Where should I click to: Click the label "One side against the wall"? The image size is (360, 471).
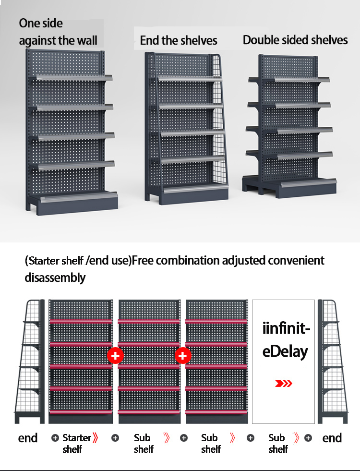(58, 32)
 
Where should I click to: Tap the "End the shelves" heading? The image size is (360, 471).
(179, 40)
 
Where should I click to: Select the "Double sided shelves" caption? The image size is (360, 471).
(295, 40)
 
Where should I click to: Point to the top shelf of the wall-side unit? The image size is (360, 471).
(74, 78)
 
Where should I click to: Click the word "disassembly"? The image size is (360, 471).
(55, 278)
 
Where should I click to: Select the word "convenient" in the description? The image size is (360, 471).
(296, 260)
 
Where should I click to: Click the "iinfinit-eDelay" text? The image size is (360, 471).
(286, 340)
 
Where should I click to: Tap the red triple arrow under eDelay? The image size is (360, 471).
(283, 383)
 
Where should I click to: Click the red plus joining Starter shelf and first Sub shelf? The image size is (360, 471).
(115, 356)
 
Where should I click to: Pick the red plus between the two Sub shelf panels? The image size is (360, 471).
(182, 356)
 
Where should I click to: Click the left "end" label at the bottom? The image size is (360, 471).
(28, 438)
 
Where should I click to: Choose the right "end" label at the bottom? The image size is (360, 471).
(332, 438)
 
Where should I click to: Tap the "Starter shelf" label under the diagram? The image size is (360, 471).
(77, 443)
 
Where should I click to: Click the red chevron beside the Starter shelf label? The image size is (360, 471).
(96, 438)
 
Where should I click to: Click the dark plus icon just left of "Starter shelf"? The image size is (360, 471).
(55, 438)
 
